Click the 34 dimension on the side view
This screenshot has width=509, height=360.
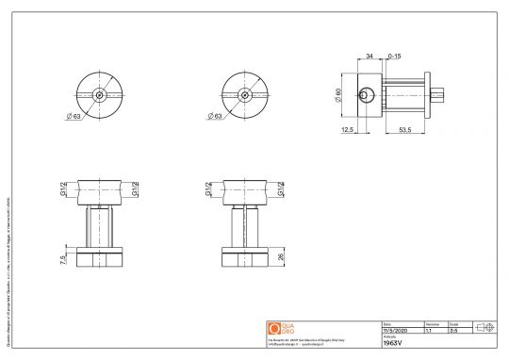pos(369,57)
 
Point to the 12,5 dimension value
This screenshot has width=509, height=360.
pos(348,131)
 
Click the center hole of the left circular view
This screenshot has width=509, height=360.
pos(99,95)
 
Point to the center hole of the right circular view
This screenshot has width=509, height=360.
pos(244,95)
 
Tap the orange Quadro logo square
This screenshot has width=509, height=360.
pos(274,327)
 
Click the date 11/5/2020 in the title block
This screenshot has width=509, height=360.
pos(393,331)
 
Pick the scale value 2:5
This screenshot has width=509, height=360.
pos(453,331)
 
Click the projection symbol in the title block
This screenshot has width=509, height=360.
pos(484,326)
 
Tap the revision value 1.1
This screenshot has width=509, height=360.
pos(430,331)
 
